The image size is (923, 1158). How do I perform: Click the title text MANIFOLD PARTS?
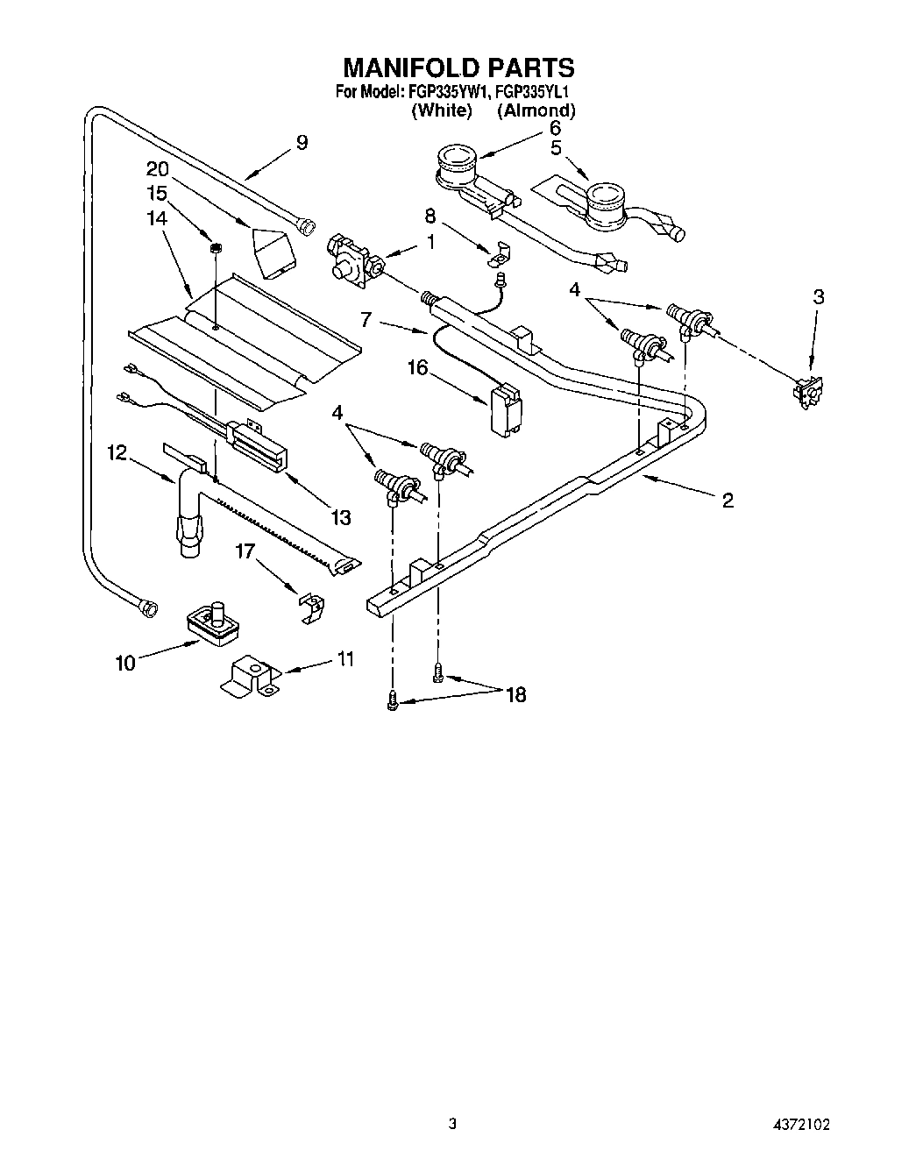tap(458, 67)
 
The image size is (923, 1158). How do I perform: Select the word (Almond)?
tap(536, 110)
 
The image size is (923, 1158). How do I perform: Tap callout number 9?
tap(302, 143)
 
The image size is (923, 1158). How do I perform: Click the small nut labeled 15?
tap(214, 250)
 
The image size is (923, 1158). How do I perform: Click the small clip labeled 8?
tap(500, 254)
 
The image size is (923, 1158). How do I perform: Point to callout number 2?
tap(727, 501)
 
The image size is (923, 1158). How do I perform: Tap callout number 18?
tap(515, 695)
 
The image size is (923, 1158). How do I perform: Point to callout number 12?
tap(117, 452)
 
